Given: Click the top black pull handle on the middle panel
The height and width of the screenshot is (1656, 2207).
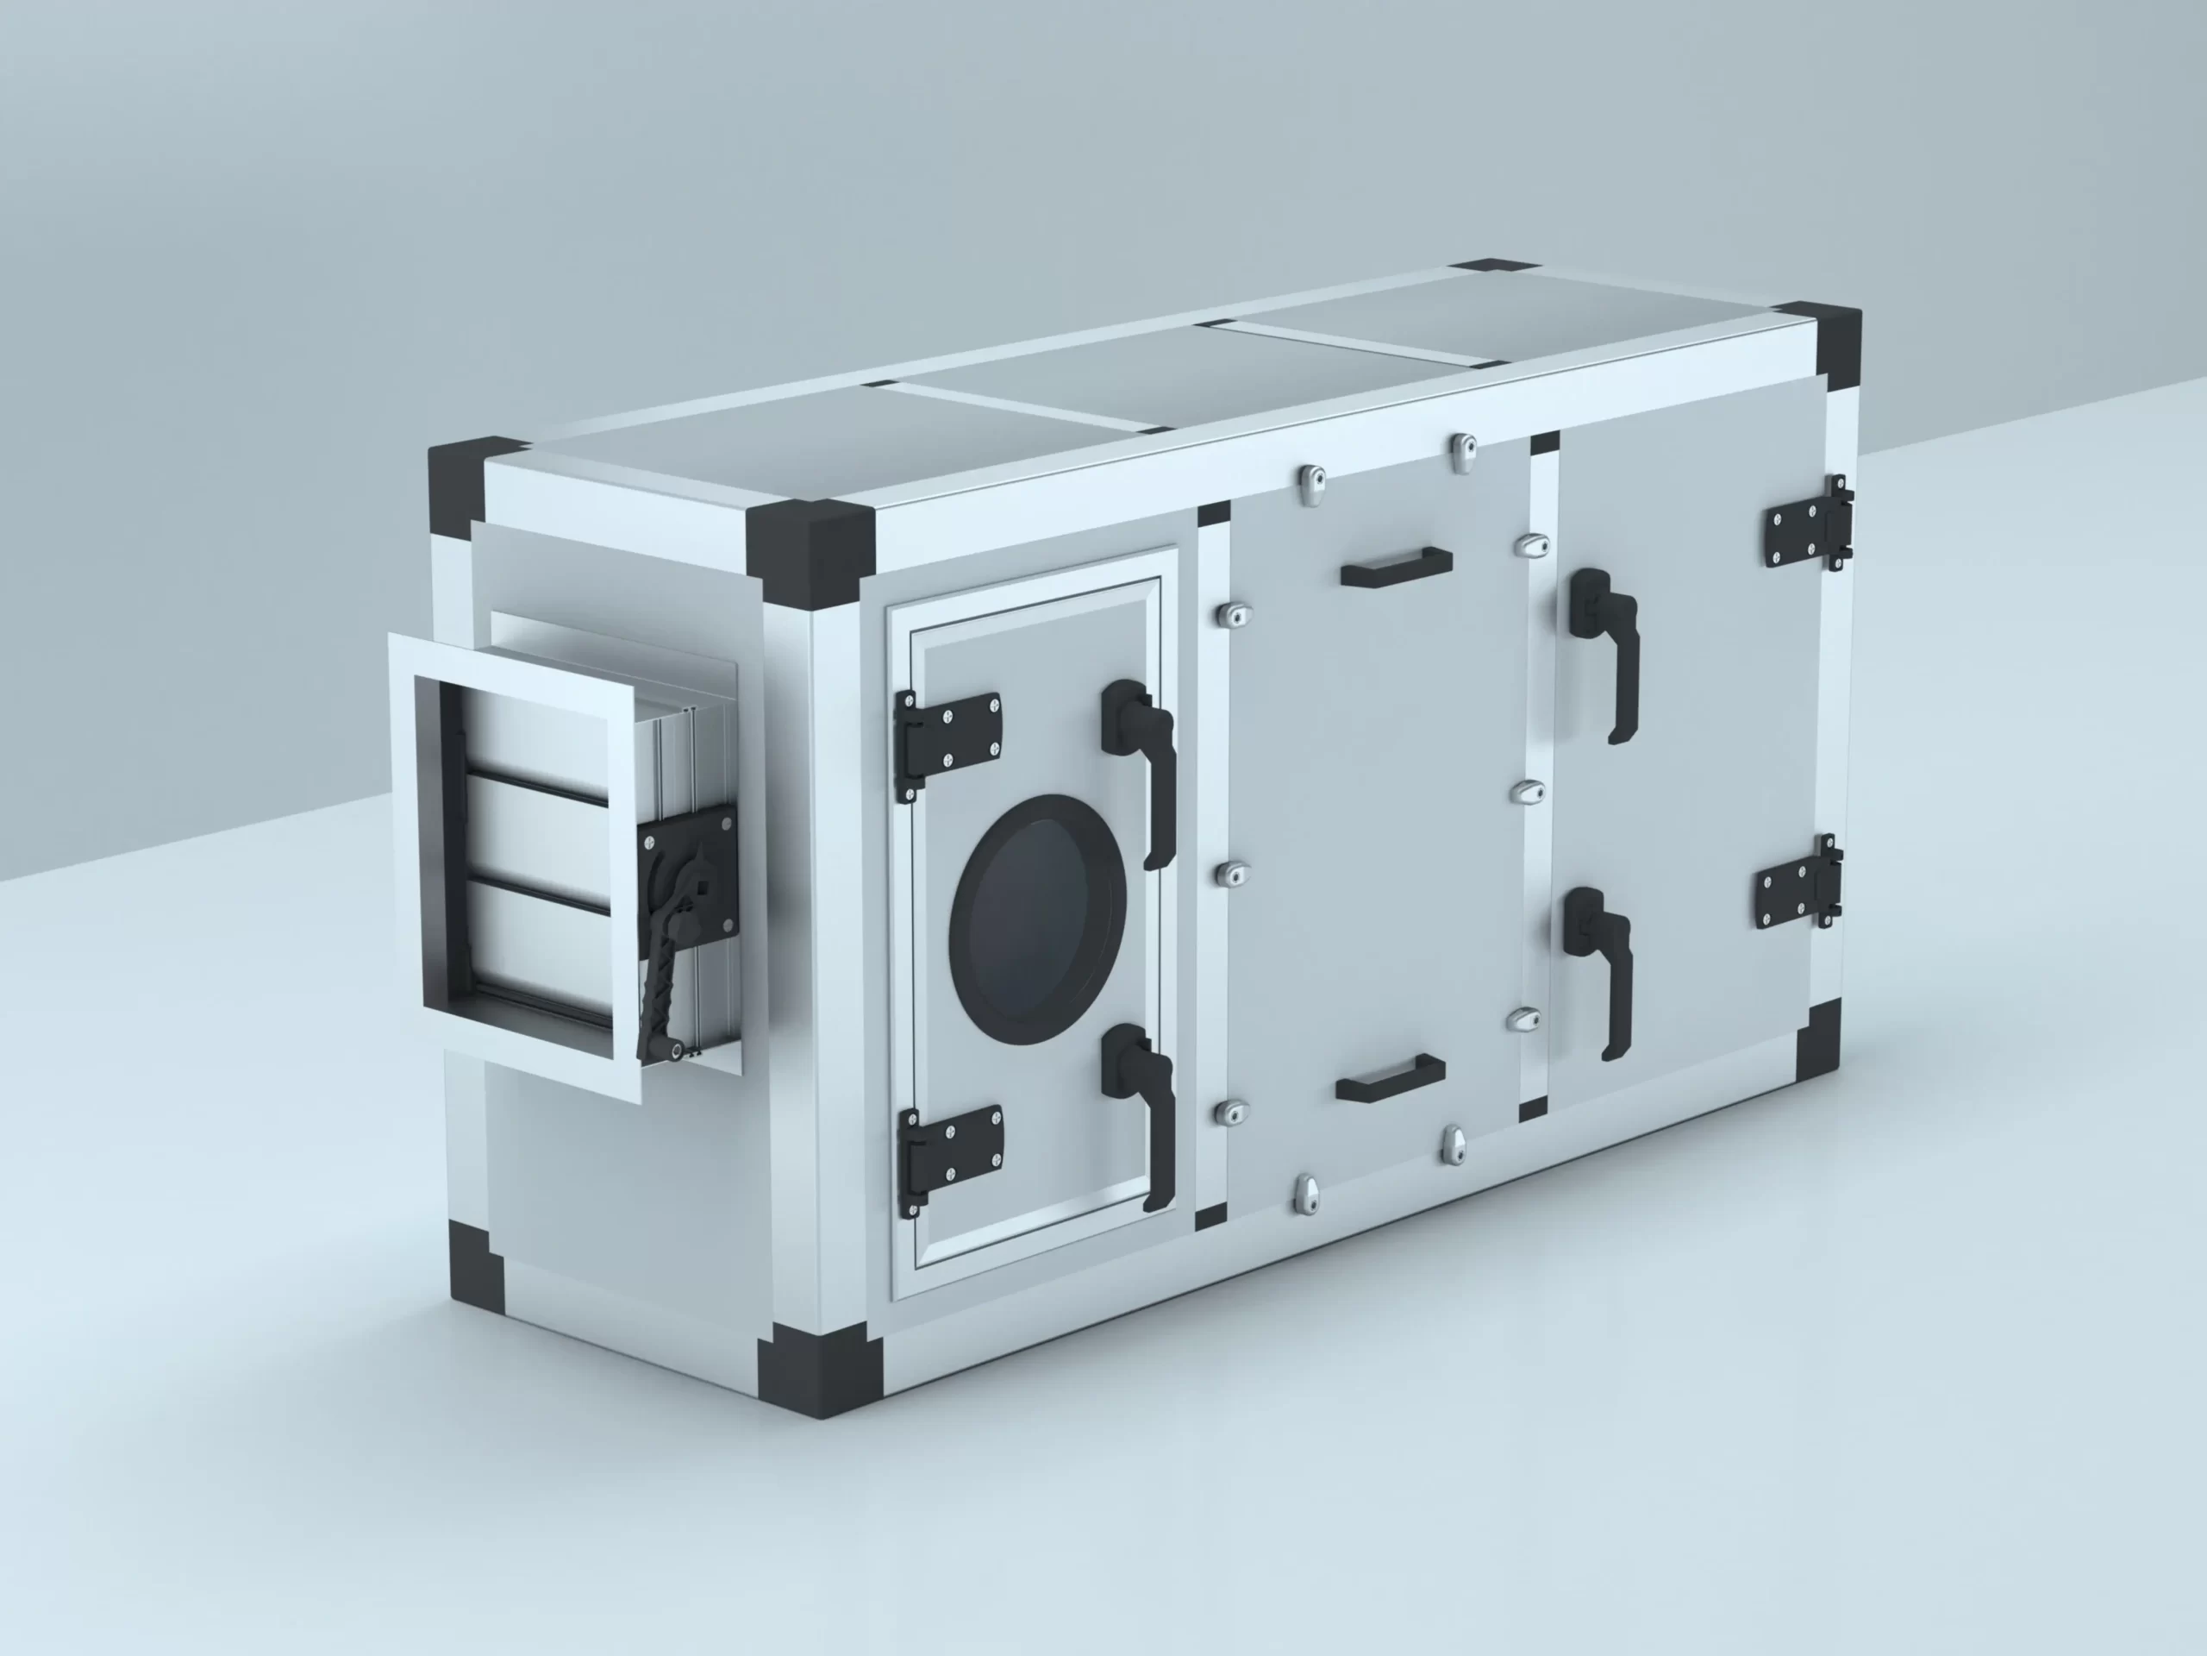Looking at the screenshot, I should pyautogui.click(x=1396, y=567).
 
